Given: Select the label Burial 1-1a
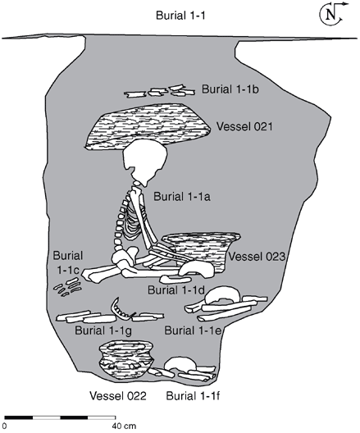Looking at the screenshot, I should pos(182,195).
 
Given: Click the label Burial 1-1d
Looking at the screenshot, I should pos(175,289).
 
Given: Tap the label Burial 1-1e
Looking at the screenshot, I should pos(194,330).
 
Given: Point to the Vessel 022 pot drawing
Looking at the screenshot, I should pos(124,359).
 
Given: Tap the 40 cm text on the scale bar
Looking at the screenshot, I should pos(123,426).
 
